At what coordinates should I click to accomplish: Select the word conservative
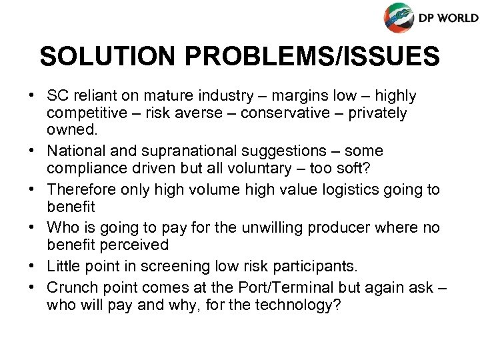(289, 113)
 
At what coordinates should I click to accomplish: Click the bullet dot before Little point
(32, 267)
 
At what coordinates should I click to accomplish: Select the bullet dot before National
(32, 152)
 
